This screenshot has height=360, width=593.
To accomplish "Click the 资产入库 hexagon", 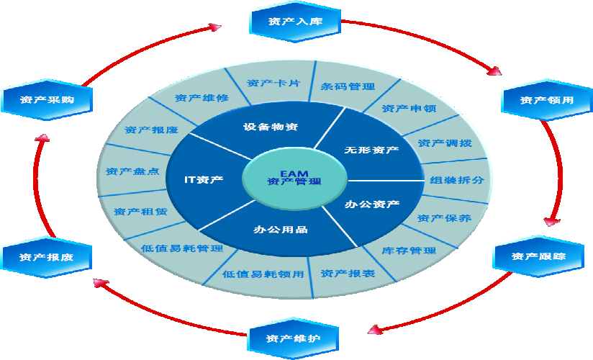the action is tap(295, 22).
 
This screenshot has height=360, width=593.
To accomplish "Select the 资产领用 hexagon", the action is tap(547, 100).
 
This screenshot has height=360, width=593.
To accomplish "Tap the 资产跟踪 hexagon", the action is tap(538, 256).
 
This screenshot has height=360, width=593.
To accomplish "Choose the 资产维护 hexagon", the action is tap(293, 338).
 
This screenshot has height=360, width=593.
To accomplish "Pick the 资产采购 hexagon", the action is tap(47, 99).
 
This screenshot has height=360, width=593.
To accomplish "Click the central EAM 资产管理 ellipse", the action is tap(294, 179).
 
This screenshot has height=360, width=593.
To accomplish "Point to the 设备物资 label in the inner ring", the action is tap(271, 127).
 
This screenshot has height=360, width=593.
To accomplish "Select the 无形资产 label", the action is tap(371, 150).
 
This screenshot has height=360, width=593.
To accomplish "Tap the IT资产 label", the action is tap(204, 179).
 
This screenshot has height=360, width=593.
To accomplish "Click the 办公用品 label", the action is tap(281, 230).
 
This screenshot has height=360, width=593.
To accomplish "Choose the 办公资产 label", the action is tap(372, 204).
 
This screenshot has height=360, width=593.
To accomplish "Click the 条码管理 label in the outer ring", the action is tap(348, 86).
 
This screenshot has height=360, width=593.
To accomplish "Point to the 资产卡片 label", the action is tap(273, 83).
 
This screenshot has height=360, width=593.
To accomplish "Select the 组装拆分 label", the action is tap(457, 180).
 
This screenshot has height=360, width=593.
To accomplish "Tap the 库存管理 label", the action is tap(409, 251).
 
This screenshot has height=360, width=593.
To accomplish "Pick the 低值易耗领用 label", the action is tap(263, 274).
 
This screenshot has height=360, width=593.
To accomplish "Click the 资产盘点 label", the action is tap(132, 171).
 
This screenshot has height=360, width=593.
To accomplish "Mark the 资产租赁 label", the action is tap(140, 212).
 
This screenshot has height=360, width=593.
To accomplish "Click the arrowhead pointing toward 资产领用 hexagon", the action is tap(494, 71).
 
